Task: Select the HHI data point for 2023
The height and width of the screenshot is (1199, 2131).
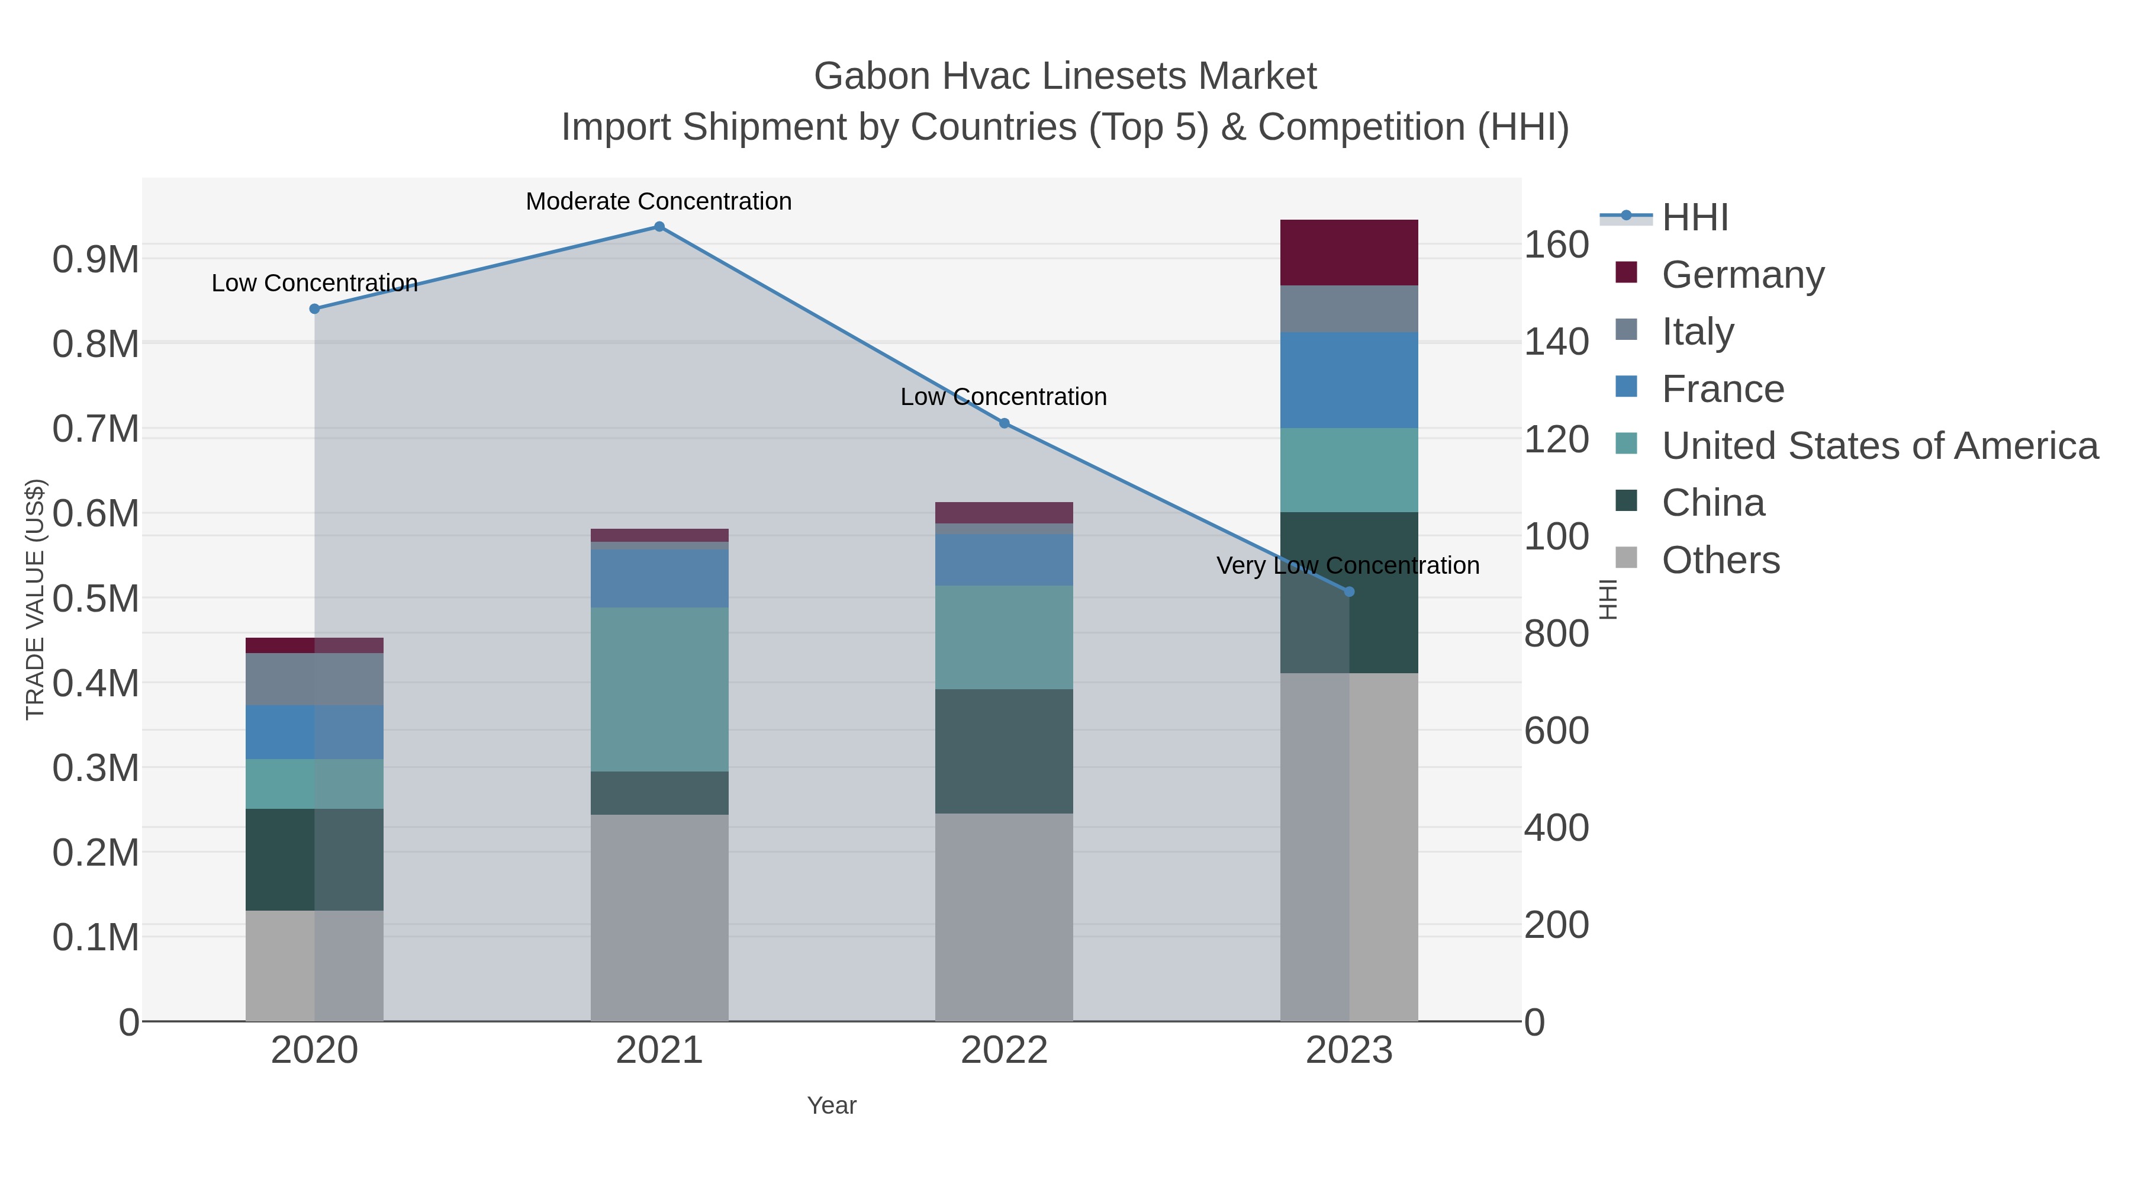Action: tap(1349, 592)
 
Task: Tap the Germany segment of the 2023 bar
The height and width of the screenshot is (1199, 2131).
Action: tap(1349, 252)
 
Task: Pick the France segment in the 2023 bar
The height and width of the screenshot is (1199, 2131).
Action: tap(1349, 380)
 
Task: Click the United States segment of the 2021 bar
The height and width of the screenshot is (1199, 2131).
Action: tap(659, 689)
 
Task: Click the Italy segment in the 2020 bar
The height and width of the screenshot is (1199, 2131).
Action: tap(314, 679)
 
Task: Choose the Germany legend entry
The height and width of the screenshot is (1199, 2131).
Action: tap(1742, 275)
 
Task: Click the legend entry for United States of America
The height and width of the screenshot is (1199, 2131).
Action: tap(1879, 446)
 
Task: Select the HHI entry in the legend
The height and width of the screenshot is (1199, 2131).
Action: tap(1694, 218)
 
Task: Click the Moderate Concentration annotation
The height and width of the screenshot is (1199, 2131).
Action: tap(658, 201)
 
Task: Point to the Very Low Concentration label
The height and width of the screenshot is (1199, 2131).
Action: tap(1348, 566)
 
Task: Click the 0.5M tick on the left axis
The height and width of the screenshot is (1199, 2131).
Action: tap(95, 598)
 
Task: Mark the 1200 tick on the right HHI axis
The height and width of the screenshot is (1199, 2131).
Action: tap(1556, 439)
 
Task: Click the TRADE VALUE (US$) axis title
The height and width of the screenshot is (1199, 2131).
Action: tap(35, 599)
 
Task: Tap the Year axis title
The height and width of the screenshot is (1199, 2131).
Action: tap(832, 1105)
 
